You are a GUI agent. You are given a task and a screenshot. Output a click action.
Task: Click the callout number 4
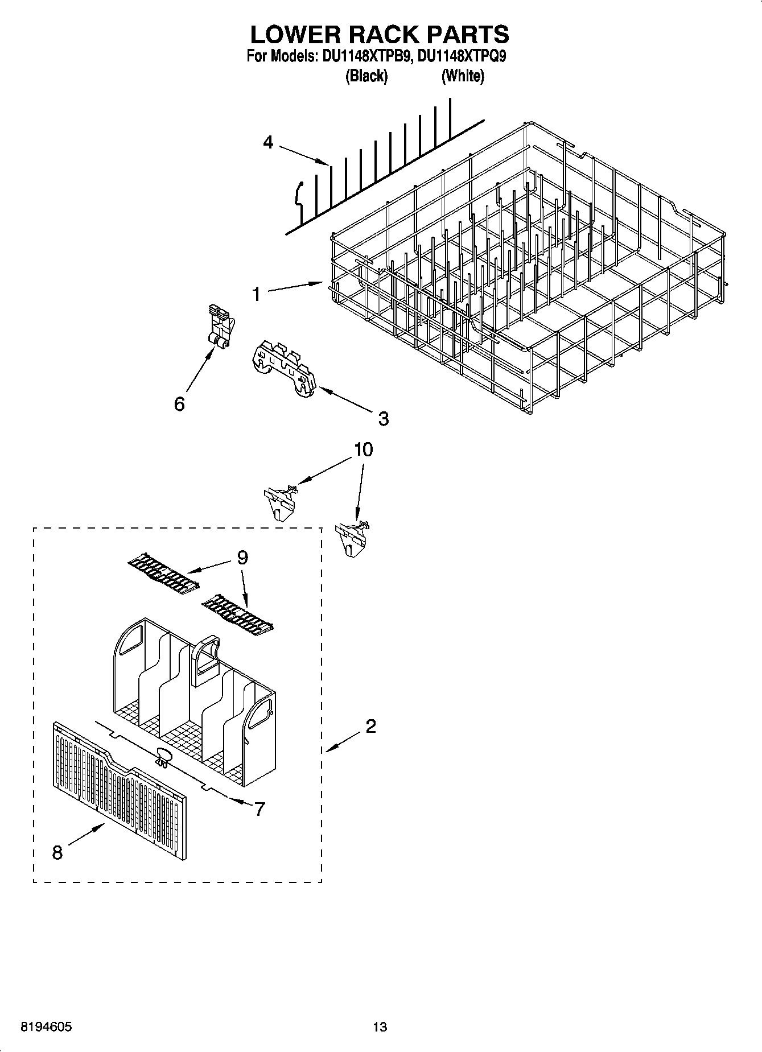[x=269, y=142]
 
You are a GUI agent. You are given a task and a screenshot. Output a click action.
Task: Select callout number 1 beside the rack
[x=257, y=294]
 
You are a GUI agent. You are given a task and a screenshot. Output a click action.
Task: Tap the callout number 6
[x=179, y=404]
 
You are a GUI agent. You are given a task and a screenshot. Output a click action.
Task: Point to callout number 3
[x=384, y=419]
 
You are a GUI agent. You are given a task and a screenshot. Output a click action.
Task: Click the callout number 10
[x=364, y=449]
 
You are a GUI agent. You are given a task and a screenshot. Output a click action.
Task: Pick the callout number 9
[x=242, y=558]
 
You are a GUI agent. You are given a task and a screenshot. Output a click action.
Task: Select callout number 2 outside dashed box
[x=370, y=726]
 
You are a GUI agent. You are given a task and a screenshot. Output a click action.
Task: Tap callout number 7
[x=260, y=808]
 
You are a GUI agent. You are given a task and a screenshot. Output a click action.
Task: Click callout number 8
[x=57, y=852]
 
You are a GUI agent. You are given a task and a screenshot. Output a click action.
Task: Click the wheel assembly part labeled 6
[x=220, y=327]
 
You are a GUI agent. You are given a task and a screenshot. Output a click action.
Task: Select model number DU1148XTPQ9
[x=462, y=57]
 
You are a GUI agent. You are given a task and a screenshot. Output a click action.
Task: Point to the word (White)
[x=463, y=76]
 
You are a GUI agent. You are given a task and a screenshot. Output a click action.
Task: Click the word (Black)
[x=366, y=76]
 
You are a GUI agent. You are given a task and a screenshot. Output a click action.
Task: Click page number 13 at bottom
[x=380, y=1027]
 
